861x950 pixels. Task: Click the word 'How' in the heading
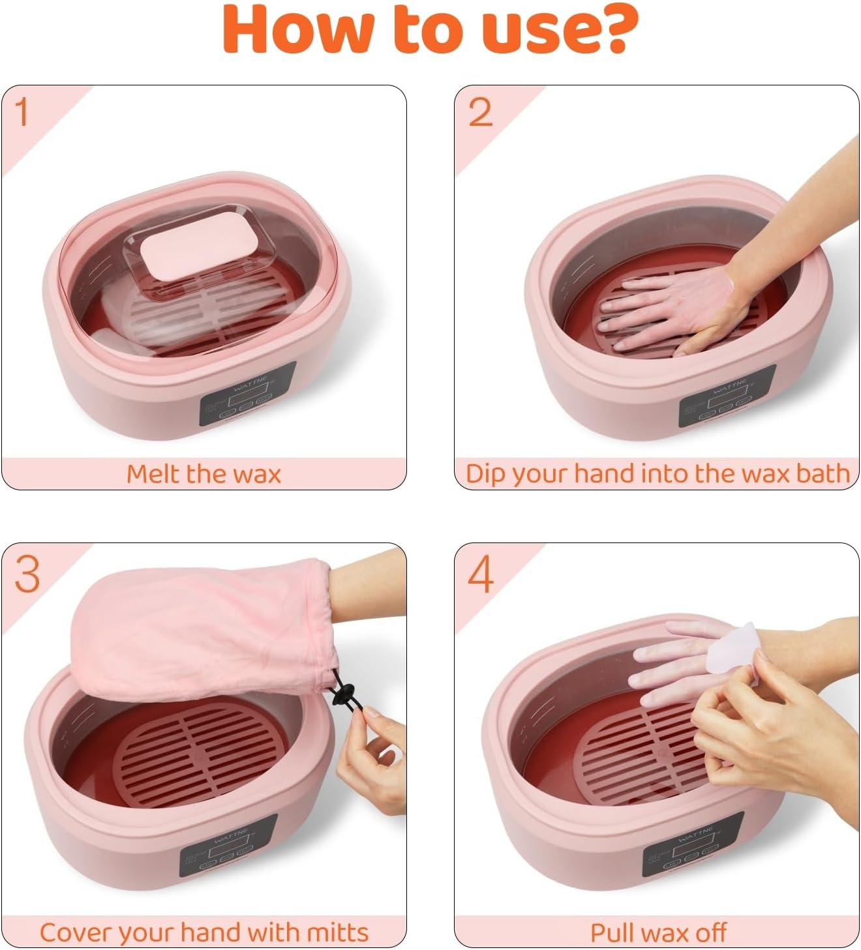click(296, 29)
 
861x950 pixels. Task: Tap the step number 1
click(22, 112)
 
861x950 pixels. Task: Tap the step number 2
click(480, 113)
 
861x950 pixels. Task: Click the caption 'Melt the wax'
click(204, 473)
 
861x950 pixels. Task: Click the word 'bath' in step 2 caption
click(823, 473)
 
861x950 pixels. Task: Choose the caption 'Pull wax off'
click(657, 932)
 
